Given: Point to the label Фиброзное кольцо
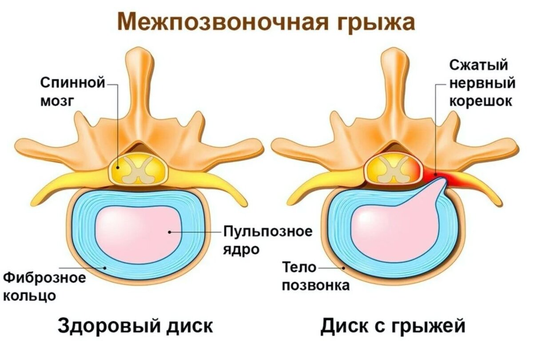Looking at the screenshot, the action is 44,286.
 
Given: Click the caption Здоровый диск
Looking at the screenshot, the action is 135,326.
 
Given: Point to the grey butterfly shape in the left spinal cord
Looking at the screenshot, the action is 139,170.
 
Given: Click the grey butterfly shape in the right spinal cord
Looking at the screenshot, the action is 394,170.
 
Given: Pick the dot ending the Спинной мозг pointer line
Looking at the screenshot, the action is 118,168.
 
